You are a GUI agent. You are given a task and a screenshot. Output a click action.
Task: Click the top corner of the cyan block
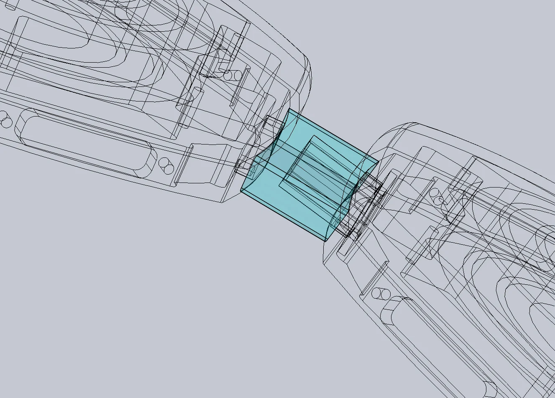point(289,110)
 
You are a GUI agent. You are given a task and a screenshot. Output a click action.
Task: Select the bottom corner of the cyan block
point(326,241)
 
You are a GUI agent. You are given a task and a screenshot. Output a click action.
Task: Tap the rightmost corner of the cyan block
point(379,162)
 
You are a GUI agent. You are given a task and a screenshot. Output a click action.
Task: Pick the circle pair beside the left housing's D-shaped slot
point(166,165)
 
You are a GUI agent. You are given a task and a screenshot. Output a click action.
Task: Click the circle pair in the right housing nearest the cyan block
point(437,196)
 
